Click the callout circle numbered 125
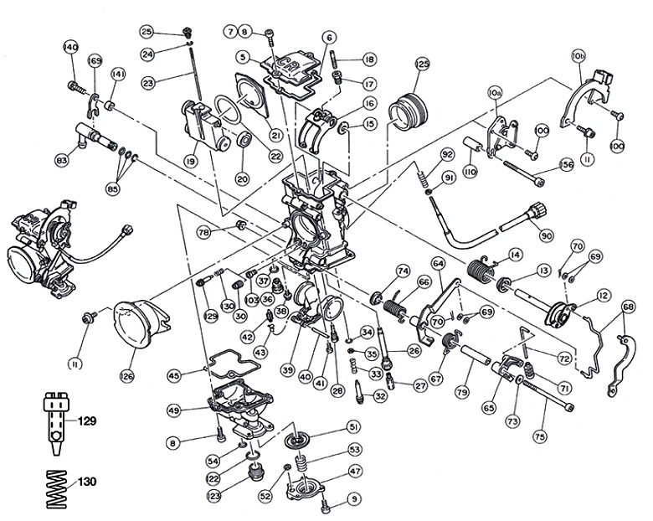click(x=422, y=64)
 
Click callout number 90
click(x=547, y=235)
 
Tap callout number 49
click(x=173, y=410)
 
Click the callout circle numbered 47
click(x=354, y=472)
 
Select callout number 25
click(x=147, y=32)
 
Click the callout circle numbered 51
click(x=353, y=426)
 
